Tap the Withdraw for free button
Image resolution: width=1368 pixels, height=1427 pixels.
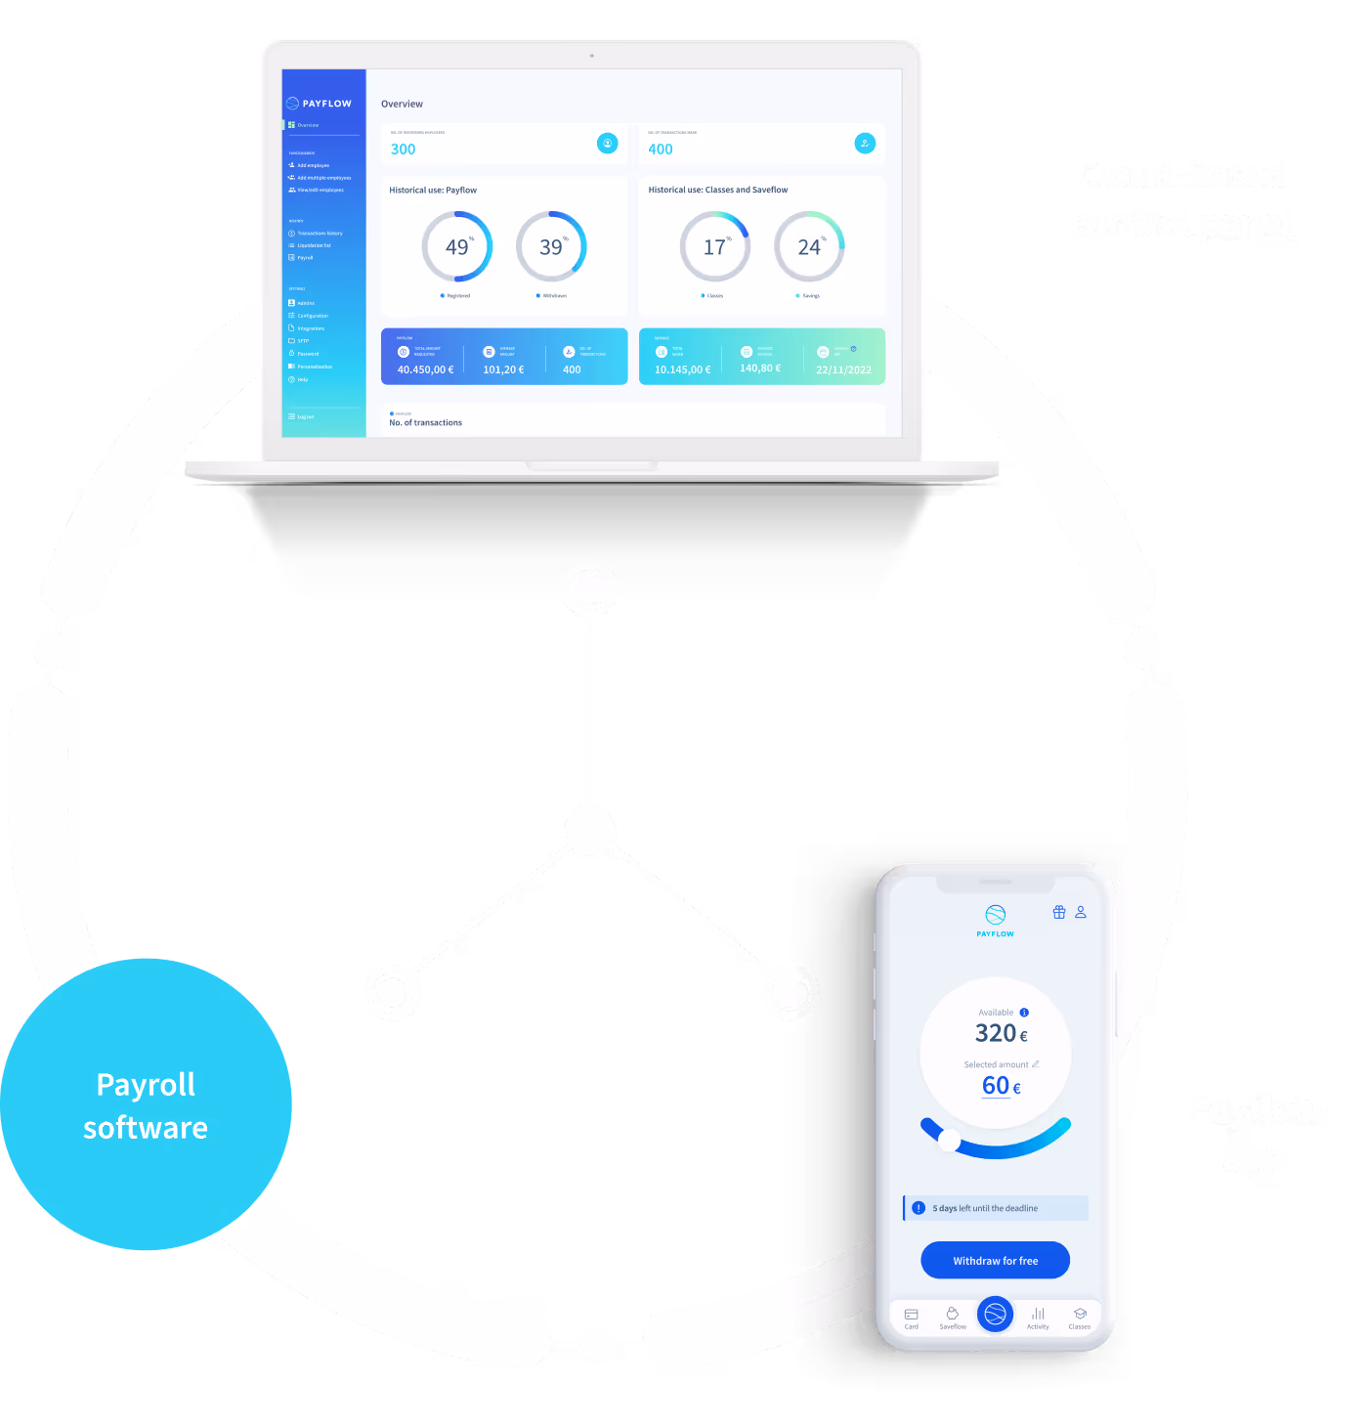tap(995, 1260)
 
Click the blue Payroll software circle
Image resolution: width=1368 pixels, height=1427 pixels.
tap(146, 1104)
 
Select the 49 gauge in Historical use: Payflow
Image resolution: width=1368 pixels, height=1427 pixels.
tap(456, 247)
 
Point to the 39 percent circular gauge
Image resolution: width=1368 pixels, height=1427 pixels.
tap(551, 247)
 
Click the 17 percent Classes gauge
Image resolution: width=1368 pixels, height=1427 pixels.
tap(715, 247)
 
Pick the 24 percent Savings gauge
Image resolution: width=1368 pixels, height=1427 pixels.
tap(809, 247)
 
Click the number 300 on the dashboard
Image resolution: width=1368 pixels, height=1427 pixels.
tap(403, 150)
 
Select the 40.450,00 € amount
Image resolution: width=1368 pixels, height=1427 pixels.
tap(425, 369)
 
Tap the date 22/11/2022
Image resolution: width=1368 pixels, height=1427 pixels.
tap(843, 369)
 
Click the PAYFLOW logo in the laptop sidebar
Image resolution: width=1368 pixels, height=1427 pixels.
tap(319, 103)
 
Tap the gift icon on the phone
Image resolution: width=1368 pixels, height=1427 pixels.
tap(1059, 912)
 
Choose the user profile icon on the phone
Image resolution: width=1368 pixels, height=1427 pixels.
tap(1081, 912)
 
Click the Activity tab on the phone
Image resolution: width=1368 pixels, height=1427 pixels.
tap(1038, 1318)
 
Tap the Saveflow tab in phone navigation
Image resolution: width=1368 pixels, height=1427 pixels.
tap(953, 1318)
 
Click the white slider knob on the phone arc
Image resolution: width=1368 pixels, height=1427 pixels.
tap(949, 1140)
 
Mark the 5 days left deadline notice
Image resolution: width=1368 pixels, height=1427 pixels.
tap(995, 1208)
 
